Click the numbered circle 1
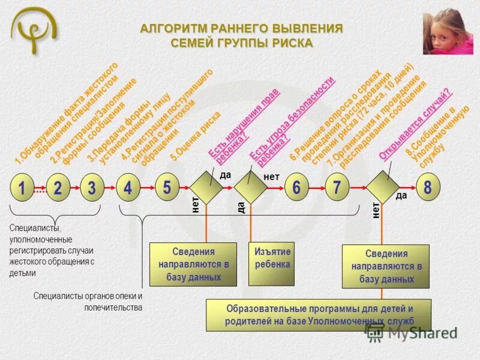[x=22, y=188]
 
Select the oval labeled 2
[x=57, y=188]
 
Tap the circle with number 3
[x=92, y=188]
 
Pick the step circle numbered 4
[x=128, y=188]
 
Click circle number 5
[x=167, y=187]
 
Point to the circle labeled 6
[x=296, y=188]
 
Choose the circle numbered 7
[x=337, y=188]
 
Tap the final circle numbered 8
[x=427, y=188]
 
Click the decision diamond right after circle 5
[x=206, y=188]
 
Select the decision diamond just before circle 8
[x=383, y=188]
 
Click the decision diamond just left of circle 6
[x=250, y=188]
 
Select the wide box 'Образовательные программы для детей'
[x=319, y=315]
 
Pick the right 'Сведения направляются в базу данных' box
[x=386, y=266]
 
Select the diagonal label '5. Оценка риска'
[x=196, y=137]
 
